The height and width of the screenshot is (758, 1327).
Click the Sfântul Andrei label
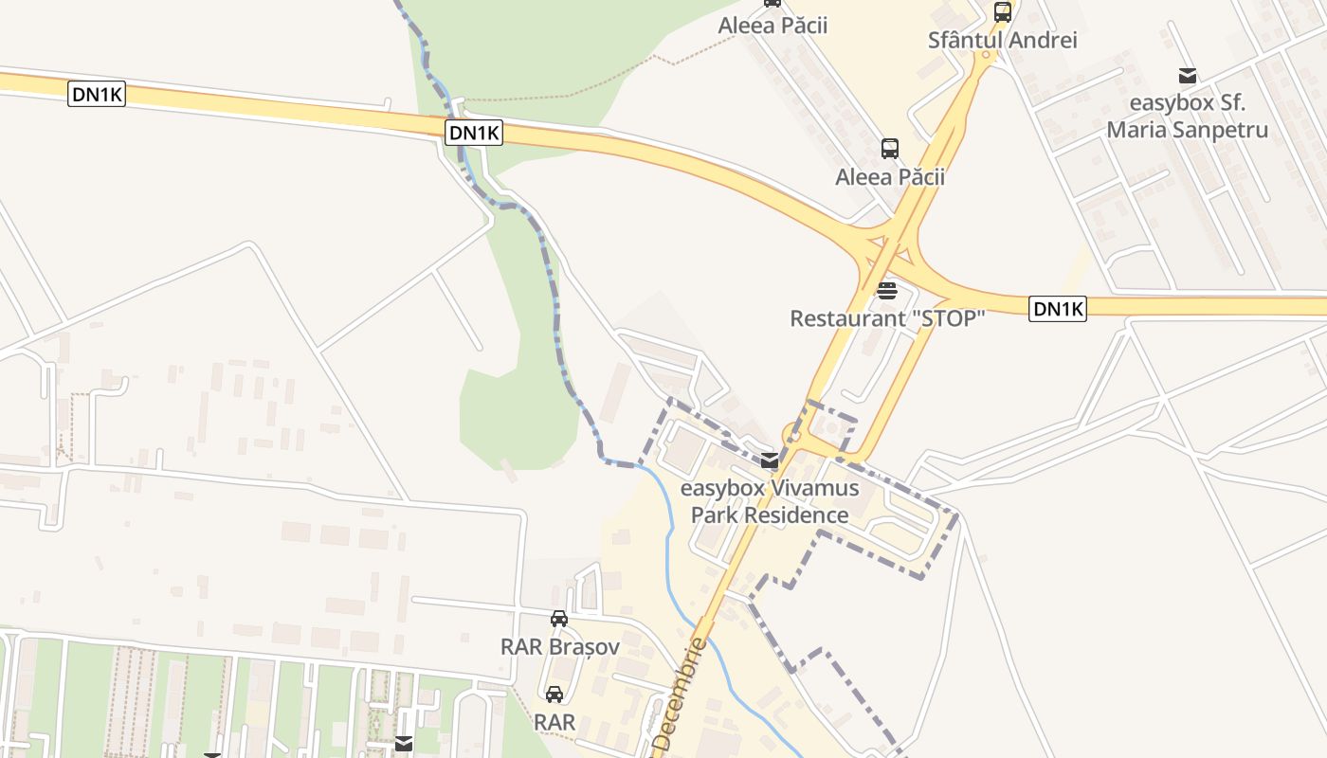1002,41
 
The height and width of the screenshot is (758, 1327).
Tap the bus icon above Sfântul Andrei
1002,12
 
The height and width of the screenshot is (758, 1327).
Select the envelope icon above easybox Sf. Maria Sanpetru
1187,76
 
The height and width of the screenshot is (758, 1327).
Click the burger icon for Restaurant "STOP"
887,290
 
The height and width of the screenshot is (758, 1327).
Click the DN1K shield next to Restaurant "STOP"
1057,308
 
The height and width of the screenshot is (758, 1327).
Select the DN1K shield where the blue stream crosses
474,133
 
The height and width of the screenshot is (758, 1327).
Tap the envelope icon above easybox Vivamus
770,461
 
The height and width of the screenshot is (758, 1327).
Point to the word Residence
795,515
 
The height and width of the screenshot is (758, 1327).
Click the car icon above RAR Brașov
559,619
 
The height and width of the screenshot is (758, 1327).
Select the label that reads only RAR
554,722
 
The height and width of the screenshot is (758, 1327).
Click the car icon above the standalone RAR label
554,695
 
